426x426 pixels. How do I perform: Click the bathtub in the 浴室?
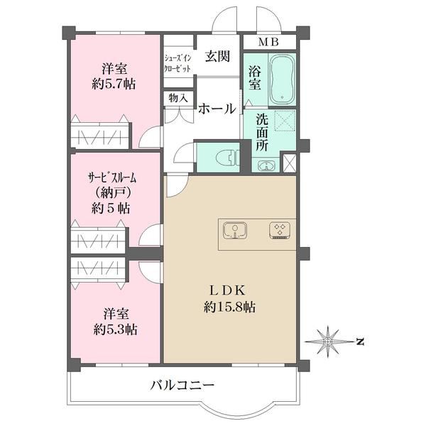282,80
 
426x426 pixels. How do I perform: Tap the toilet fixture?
228,158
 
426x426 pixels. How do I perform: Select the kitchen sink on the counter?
235,230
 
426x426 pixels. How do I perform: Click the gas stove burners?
280,231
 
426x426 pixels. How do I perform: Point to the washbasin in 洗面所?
266,165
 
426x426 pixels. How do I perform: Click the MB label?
268,42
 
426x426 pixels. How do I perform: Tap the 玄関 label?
217,57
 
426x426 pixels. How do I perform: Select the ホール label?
217,109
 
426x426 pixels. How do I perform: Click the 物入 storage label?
178,98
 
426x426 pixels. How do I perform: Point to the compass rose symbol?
328,341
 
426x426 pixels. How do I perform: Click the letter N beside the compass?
360,342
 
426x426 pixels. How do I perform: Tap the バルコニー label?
182,386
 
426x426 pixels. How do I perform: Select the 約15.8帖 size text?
229,307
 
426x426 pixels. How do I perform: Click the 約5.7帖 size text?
114,84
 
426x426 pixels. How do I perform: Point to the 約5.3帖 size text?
116,330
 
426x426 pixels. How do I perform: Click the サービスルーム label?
112,178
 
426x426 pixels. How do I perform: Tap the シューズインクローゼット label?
177,64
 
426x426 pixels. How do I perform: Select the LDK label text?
227,290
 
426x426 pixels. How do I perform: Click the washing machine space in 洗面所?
285,121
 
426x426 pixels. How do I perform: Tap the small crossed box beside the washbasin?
289,163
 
